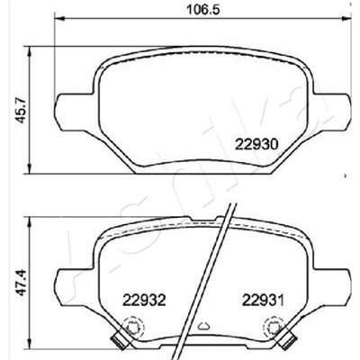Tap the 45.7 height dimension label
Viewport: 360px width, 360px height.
[x=22, y=112]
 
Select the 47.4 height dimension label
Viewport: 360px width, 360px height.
[x=22, y=283]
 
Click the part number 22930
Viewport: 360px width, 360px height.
[x=257, y=145]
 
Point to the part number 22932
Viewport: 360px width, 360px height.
[x=144, y=300]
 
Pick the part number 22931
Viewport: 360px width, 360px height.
[x=263, y=300]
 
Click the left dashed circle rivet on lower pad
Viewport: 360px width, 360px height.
[x=134, y=327]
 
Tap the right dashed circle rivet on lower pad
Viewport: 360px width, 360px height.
[x=273, y=327]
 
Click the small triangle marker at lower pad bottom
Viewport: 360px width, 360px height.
[x=203, y=325]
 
